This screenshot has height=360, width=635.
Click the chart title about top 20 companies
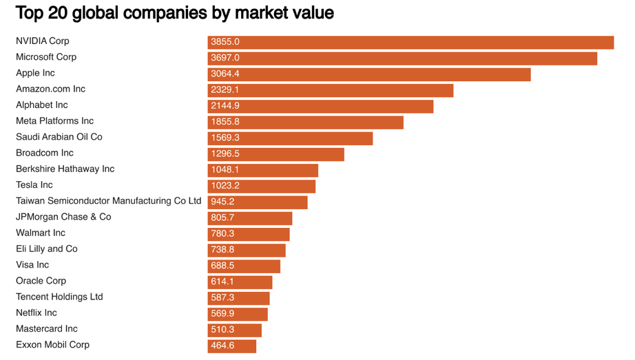(174, 12)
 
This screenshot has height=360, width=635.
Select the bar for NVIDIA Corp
(410, 43)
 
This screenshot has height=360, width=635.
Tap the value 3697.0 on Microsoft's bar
(225, 59)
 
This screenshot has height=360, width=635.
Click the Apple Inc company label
(35, 73)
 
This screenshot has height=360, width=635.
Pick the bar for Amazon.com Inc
(331, 91)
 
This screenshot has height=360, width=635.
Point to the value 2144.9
(225, 107)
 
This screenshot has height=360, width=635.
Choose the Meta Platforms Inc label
(54, 121)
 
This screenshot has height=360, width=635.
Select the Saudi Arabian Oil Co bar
(290, 138)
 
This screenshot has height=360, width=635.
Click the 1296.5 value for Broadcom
(225, 154)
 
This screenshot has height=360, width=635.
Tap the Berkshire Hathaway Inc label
(65, 169)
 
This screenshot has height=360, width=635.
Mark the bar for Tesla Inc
(262, 187)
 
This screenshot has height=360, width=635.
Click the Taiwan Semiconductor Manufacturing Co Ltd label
(108, 201)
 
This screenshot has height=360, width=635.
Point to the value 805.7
(223, 218)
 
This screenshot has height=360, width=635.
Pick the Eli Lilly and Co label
(47, 248)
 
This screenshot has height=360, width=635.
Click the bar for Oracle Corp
(240, 282)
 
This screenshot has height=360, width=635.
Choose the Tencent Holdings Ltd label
(59, 297)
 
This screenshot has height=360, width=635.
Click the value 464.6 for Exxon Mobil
(223, 346)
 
